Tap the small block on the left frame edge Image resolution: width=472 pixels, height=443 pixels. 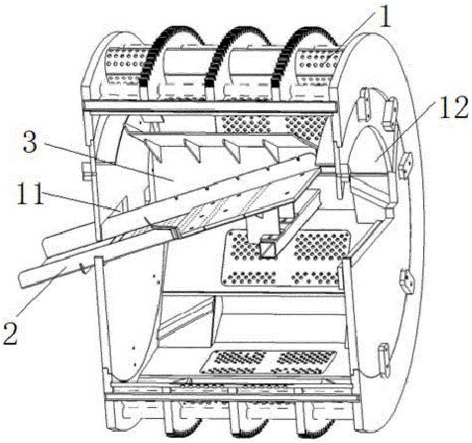(85, 171)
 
